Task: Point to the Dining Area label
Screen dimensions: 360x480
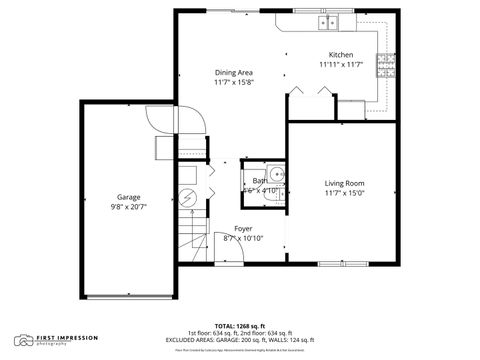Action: (233, 72)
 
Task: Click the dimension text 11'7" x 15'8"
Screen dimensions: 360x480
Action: (233, 82)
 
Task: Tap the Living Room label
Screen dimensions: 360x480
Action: (343, 183)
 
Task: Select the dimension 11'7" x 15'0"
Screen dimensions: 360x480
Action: (343, 193)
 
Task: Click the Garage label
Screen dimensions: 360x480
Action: (128, 197)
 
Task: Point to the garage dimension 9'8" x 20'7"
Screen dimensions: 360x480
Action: (128, 207)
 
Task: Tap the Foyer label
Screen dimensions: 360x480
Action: (243, 228)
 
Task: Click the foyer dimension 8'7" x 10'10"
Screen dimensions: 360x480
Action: (243, 238)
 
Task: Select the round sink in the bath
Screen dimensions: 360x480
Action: (277, 175)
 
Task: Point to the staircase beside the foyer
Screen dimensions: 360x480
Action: (195, 240)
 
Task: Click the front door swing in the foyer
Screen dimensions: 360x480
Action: (225, 246)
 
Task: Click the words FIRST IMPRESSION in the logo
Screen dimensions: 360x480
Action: (67, 338)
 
